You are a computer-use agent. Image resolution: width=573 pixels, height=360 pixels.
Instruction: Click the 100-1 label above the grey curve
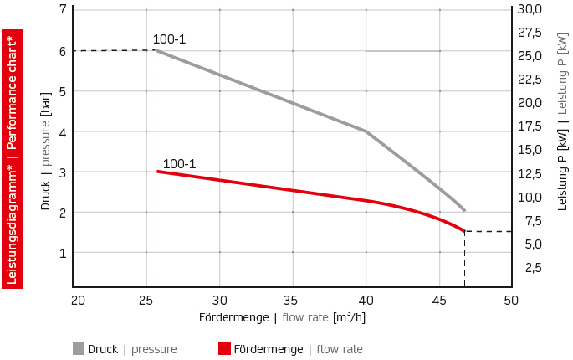pyautogui.click(x=169, y=39)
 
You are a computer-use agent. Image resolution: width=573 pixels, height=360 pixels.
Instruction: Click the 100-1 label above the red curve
pyautogui.click(x=179, y=164)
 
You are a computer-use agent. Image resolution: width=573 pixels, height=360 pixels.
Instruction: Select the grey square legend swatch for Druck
pyautogui.click(x=79, y=349)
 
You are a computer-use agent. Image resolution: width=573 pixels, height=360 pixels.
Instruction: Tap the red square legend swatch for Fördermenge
pyautogui.click(x=223, y=349)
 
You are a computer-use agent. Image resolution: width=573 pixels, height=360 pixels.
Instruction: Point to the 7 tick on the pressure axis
pyautogui.click(x=63, y=10)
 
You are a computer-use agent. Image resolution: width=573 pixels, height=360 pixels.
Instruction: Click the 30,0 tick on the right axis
pyautogui.click(x=530, y=9)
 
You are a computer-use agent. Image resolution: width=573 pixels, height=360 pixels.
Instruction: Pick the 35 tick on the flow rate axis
pyautogui.click(x=293, y=301)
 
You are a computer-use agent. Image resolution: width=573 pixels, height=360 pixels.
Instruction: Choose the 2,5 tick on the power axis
pyautogui.click(x=533, y=268)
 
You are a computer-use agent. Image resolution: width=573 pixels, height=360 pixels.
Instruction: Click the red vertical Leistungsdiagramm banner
pyautogui.click(x=13, y=158)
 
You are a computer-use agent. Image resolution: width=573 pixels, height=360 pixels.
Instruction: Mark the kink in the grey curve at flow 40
pyautogui.click(x=366, y=131)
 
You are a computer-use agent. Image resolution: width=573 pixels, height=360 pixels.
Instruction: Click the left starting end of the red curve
pyautogui.click(x=156, y=172)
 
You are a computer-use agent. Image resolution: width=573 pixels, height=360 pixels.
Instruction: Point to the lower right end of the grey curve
pyautogui.click(x=463, y=209)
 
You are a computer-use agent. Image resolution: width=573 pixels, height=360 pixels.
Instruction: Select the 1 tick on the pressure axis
pyautogui.click(x=63, y=253)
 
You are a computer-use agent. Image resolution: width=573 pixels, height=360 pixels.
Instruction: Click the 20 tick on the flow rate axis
pyautogui.click(x=78, y=301)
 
